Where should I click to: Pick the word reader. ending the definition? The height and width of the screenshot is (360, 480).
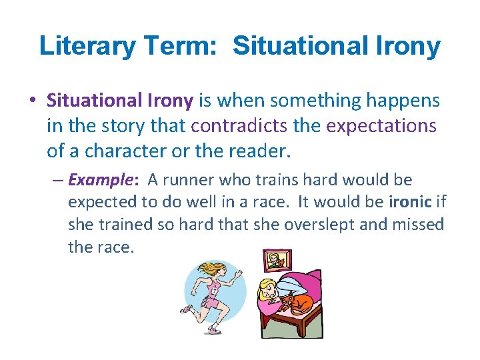click(259, 151)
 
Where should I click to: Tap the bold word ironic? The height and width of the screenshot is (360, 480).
click(409, 202)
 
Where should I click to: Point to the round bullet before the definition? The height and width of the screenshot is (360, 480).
click(33, 101)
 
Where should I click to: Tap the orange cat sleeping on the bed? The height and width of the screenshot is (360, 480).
click(297, 306)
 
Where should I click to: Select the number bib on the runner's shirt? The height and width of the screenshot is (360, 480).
click(215, 289)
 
